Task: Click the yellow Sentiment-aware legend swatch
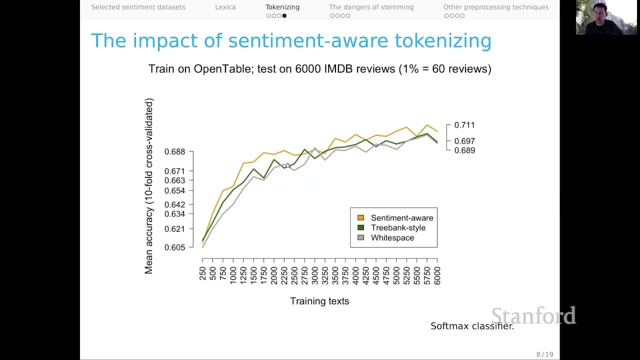pyautogui.click(x=361, y=217)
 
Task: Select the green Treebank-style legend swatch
pyautogui.click(x=361, y=227)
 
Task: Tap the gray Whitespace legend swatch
pyautogui.click(x=361, y=237)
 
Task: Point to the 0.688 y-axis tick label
pyautogui.click(x=175, y=151)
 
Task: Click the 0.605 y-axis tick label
pyautogui.click(x=175, y=247)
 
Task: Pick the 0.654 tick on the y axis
pyautogui.click(x=175, y=191)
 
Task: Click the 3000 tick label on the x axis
pyautogui.click(x=315, y=275)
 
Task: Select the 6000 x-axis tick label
pyautogui.click(x=437, y=275)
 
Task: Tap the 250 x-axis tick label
pyautogui.click(x=202, y=273)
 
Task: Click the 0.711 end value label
pyautogui.click(x=464, y=125)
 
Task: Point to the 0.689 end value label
pyautogui.click(x=464, y=150)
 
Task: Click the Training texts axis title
pyautogui.click(x=319, y=301)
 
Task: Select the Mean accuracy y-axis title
pyautogui.click(x=149, y=186)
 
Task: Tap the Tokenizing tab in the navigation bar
pyautogui.click(x=282, y=7)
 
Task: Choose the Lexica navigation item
pyautogui.click(x=225, y=7)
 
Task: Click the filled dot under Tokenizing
pyautogui.click(x=284, y=15)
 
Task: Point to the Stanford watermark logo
pyautogui.click(x=533, y=315)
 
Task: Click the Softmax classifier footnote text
pyautogui.click(x=472, y=326)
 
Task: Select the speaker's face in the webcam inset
pyautogui.click(x=599, y=13)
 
